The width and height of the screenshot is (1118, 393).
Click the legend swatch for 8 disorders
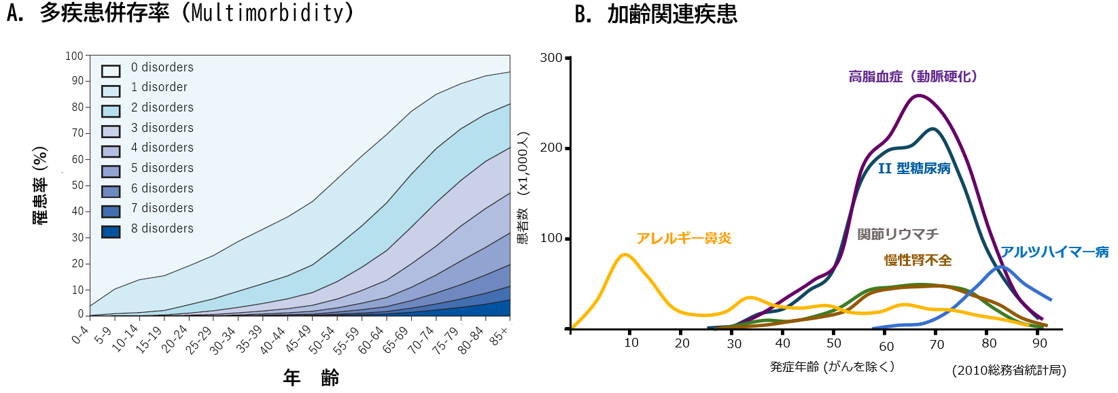[x=111, y=232]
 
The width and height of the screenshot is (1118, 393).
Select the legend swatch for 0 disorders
[x=111, y=71]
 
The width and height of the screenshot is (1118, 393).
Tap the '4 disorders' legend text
[x=162, y=148]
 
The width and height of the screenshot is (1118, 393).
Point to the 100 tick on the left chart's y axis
[x=75, y=56]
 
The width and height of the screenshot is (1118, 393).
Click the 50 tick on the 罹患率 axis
[x=77, y=185]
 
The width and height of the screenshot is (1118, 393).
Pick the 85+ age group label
[x=500, y=335]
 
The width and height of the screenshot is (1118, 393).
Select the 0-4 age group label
[x=80, y=335]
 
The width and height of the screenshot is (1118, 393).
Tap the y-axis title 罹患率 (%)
[x=40, y=185]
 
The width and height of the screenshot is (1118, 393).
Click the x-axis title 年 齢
[x=311, y=378]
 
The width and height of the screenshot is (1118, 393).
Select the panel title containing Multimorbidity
[x=180, y=12]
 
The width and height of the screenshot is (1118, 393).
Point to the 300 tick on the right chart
[x=551, y=58]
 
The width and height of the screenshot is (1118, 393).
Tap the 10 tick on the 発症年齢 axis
[x=631, y=343]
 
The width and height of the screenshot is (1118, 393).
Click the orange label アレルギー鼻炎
[x=684, y=238]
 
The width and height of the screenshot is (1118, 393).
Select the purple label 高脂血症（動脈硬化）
[x=913, y=76]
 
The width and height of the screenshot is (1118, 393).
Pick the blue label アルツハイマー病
[x=1054, y=252]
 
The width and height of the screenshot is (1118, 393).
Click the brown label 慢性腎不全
[x=918, y=260]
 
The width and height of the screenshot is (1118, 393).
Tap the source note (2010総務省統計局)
[x=1009, y=370]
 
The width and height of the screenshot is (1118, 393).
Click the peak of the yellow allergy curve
[x=625, y=254]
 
